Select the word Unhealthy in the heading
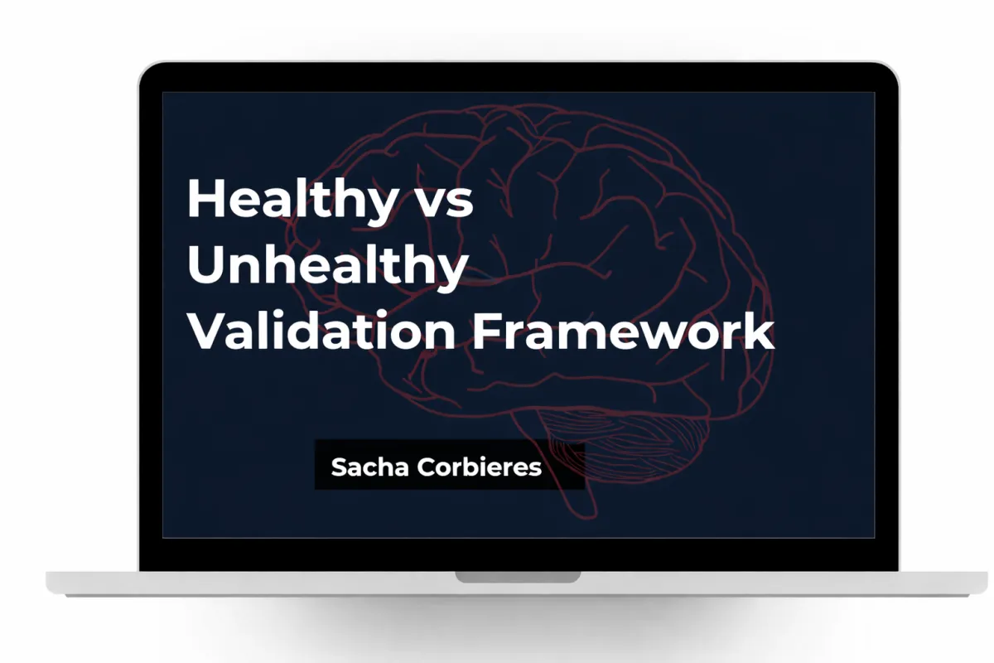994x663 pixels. tap(327, 268)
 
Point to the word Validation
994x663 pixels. tap(321, 330)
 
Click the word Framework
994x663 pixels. tap(624, 330)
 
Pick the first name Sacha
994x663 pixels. tap(369, 467)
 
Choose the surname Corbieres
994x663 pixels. tap(480, 467)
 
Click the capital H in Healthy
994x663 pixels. tap(205, 198)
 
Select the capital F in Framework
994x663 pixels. tap(488, 330)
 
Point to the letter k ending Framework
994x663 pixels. tap(760, 330)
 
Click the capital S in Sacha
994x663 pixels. tap(340, 467)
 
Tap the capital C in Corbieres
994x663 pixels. tap(426, 467)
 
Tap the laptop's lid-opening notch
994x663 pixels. tap(518, 577)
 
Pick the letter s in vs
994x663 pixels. tap(461, 204)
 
